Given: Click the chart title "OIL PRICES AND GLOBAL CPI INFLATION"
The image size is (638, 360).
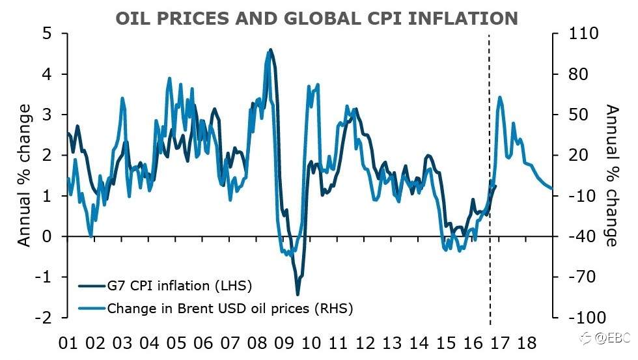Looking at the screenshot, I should pos(316,18).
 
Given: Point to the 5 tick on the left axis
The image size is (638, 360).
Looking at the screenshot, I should pos(46,33).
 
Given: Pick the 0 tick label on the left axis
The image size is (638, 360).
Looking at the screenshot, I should pos(46,236).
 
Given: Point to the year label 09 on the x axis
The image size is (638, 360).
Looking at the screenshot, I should pos(284,343).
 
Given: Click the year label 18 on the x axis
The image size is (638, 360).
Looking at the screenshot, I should pos(527,343).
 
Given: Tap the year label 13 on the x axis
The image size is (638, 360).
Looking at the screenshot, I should pos(391,343).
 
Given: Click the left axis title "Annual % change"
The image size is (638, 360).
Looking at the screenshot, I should pos(24,176).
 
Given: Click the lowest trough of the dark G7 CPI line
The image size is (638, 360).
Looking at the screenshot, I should pos(298,294).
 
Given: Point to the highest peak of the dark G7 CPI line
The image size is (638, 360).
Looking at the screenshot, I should pos(271,49).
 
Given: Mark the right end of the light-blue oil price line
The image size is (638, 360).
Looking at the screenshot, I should pos(551,189).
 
